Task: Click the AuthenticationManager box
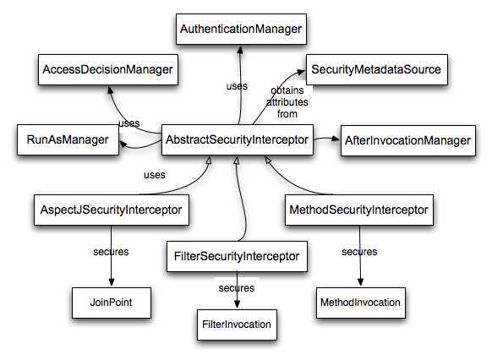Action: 240,30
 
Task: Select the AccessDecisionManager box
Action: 107,69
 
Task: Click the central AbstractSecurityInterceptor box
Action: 238,139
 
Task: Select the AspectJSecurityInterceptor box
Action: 111,208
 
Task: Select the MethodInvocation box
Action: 359,300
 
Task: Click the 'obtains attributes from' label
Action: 287,102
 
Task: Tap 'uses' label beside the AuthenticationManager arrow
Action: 237,86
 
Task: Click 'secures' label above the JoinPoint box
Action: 110,252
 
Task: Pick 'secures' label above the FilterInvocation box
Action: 237,287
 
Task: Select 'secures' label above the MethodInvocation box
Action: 359,252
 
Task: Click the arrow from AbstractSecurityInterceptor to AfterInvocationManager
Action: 326,139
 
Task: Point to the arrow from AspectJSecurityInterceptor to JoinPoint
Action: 111,266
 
